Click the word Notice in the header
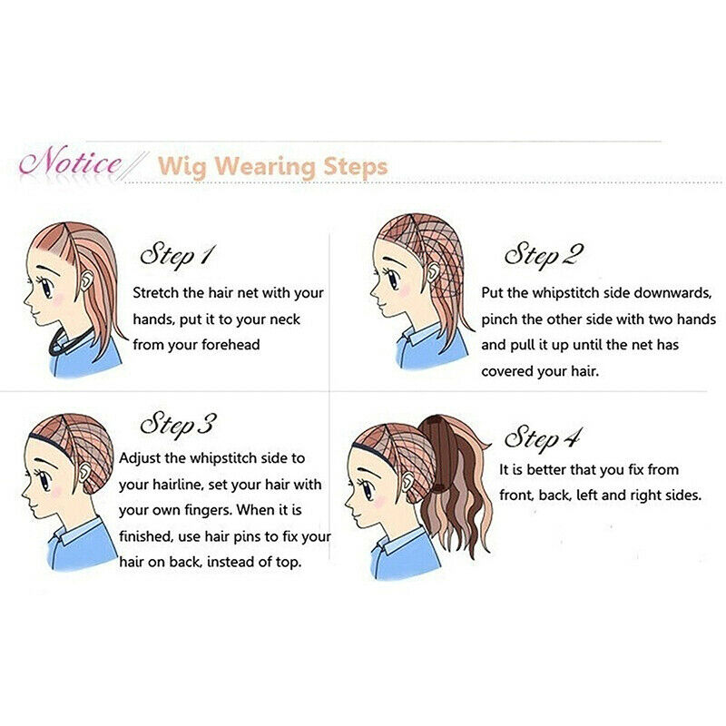click(x=71, y=164)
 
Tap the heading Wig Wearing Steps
click(x=272, y=167)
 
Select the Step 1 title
click(x=176, y=254)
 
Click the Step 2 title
click(x=543, y=254)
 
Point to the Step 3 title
click(x=178, y=424)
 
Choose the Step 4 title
click(x=542, y=438)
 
